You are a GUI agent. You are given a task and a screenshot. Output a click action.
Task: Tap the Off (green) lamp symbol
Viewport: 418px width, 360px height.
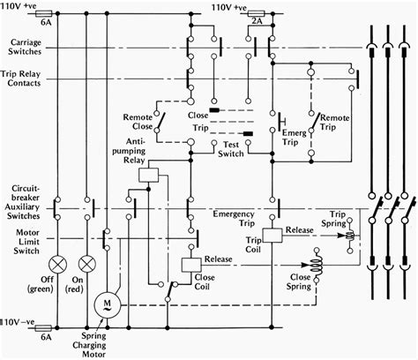coord(59,264)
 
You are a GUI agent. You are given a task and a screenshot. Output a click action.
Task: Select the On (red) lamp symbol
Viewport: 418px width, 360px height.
coord(86,264)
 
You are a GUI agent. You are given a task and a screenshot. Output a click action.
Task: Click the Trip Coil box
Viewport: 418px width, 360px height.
coord(272,235)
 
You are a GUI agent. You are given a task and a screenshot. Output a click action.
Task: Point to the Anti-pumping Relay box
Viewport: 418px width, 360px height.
coord(149,174)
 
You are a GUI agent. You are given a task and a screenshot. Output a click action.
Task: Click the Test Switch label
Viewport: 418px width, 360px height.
coord(232,149)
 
